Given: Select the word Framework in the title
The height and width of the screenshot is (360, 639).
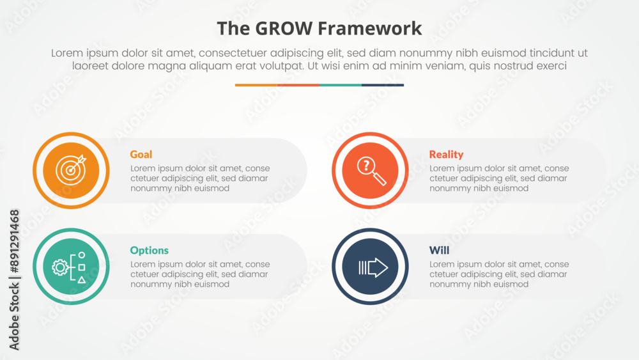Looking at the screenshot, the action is (x=369, y=29).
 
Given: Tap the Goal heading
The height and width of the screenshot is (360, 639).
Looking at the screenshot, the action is (x=141, y=155).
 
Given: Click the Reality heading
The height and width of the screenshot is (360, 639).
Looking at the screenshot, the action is (x=446, y=155).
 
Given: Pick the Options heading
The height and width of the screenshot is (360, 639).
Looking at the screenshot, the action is (x=149, y=250).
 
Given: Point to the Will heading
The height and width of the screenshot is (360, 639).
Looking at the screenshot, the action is (x=439, y=250).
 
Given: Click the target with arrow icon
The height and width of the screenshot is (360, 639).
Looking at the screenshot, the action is (x=72, y=170).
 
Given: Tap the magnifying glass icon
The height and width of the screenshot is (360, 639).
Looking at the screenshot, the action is (x=371, y=171).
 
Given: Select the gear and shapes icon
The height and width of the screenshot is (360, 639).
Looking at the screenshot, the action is (x=69, y=267).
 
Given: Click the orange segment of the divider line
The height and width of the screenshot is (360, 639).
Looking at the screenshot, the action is (x=256, y=85).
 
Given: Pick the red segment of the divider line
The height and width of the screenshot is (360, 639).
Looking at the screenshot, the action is (x=298, y=85).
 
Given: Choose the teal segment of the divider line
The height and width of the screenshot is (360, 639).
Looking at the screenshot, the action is (x=341, y=85).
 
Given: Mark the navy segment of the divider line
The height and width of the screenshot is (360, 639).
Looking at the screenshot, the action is (x=383, y=85).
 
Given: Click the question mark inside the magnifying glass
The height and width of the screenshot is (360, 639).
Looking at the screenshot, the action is (x=366, y=166).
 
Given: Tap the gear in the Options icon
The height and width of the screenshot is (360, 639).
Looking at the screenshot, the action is (x=60, y=267).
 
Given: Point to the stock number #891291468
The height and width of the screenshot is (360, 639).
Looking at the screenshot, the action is (x=14, y=241).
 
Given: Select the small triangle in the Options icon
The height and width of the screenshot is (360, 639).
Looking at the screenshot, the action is (x=82, y=279).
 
